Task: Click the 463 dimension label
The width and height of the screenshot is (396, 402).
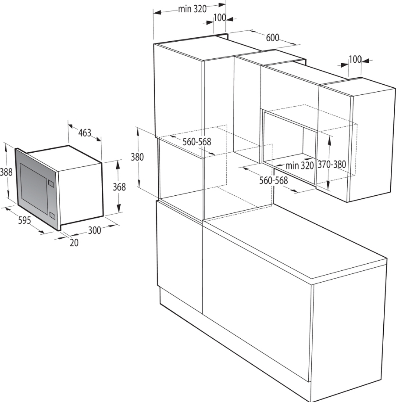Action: click(85, 133)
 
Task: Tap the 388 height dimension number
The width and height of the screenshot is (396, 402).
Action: click(6, 172)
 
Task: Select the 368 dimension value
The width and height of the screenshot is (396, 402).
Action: click(119, 187)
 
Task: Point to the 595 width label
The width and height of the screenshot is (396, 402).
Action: click(25, 220)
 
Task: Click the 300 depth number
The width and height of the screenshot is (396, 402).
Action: click(95, 230)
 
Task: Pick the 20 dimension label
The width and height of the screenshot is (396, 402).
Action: click(74, 243)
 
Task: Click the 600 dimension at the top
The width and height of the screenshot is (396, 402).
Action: click(272, 38)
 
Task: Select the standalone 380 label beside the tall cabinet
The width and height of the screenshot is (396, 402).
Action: click(137, 157)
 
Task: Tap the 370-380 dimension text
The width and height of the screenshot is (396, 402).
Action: click(332, 164)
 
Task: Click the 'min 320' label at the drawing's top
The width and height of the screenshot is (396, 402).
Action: click(193, 9)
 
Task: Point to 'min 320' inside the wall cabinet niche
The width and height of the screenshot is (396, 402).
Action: click(300, 165)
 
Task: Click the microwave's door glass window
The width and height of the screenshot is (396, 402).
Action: click(34, 189)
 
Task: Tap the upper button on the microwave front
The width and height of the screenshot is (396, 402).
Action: click(51, 184)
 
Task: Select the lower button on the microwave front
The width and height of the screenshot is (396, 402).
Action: click(52, 215)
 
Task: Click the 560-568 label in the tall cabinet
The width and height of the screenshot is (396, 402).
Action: click(197, 141)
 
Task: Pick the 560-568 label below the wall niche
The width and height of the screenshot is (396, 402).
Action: click(274, 180)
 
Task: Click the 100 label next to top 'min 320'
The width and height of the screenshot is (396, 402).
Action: click(220, 18)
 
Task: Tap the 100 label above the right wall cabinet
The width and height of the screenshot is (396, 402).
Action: click(355, 59)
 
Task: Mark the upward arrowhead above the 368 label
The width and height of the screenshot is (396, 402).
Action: click(118, 164)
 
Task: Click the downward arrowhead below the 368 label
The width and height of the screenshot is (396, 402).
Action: click(119, 208)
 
